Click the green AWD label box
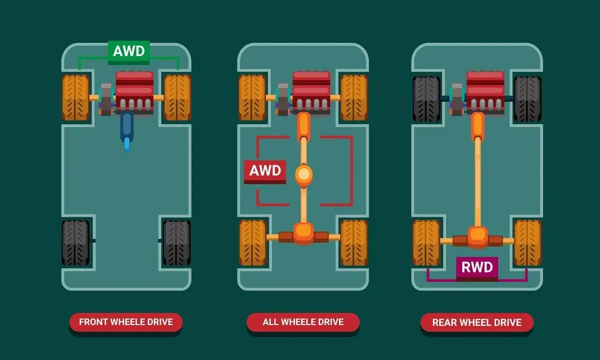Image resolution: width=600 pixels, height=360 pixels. pos(128,52)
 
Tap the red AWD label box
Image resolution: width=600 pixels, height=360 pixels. pos(265,171)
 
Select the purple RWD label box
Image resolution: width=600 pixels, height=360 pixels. pos(477,268)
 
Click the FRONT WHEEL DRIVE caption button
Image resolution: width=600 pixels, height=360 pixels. pos(126,322)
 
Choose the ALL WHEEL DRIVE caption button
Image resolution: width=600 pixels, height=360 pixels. pos(303,322)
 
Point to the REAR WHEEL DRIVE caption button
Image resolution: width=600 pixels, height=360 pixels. pos(477,322)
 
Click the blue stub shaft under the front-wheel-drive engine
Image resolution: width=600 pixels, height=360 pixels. pos(127,132)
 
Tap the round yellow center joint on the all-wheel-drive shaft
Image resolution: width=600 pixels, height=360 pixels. pos(304,174)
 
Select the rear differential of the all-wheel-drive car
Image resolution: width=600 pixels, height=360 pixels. pos(303,234)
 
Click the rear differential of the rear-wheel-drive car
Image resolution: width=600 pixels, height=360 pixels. pos(477,237)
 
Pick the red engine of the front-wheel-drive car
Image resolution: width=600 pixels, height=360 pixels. pos(134,92)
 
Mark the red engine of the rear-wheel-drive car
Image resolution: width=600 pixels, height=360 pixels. pos(485,92)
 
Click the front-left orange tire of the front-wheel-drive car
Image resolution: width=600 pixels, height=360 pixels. pos(76,97)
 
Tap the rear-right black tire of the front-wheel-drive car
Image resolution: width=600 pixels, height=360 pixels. pos(177,242)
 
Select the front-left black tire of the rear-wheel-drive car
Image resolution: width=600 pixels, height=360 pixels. pos(426,98)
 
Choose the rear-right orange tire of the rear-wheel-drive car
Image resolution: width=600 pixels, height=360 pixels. pos(527,242)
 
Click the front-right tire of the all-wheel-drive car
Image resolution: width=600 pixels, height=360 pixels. pos(354,97)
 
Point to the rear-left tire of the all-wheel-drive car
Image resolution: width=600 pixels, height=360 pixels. pos(252,242)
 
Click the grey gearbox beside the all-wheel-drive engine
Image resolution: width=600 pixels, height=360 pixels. pos(283,99)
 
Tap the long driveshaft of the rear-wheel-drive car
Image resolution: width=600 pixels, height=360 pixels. pos(477,182)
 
